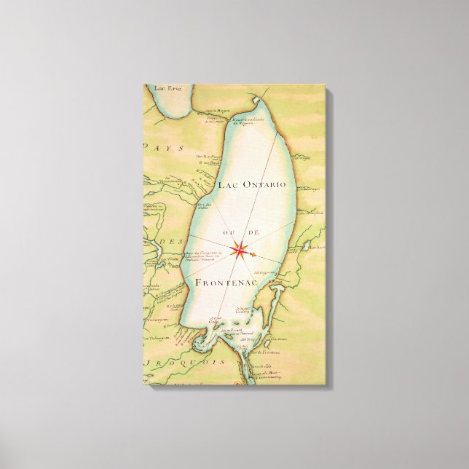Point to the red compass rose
[238, 251]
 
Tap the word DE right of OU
[255, 232]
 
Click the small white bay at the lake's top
[259, 100]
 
